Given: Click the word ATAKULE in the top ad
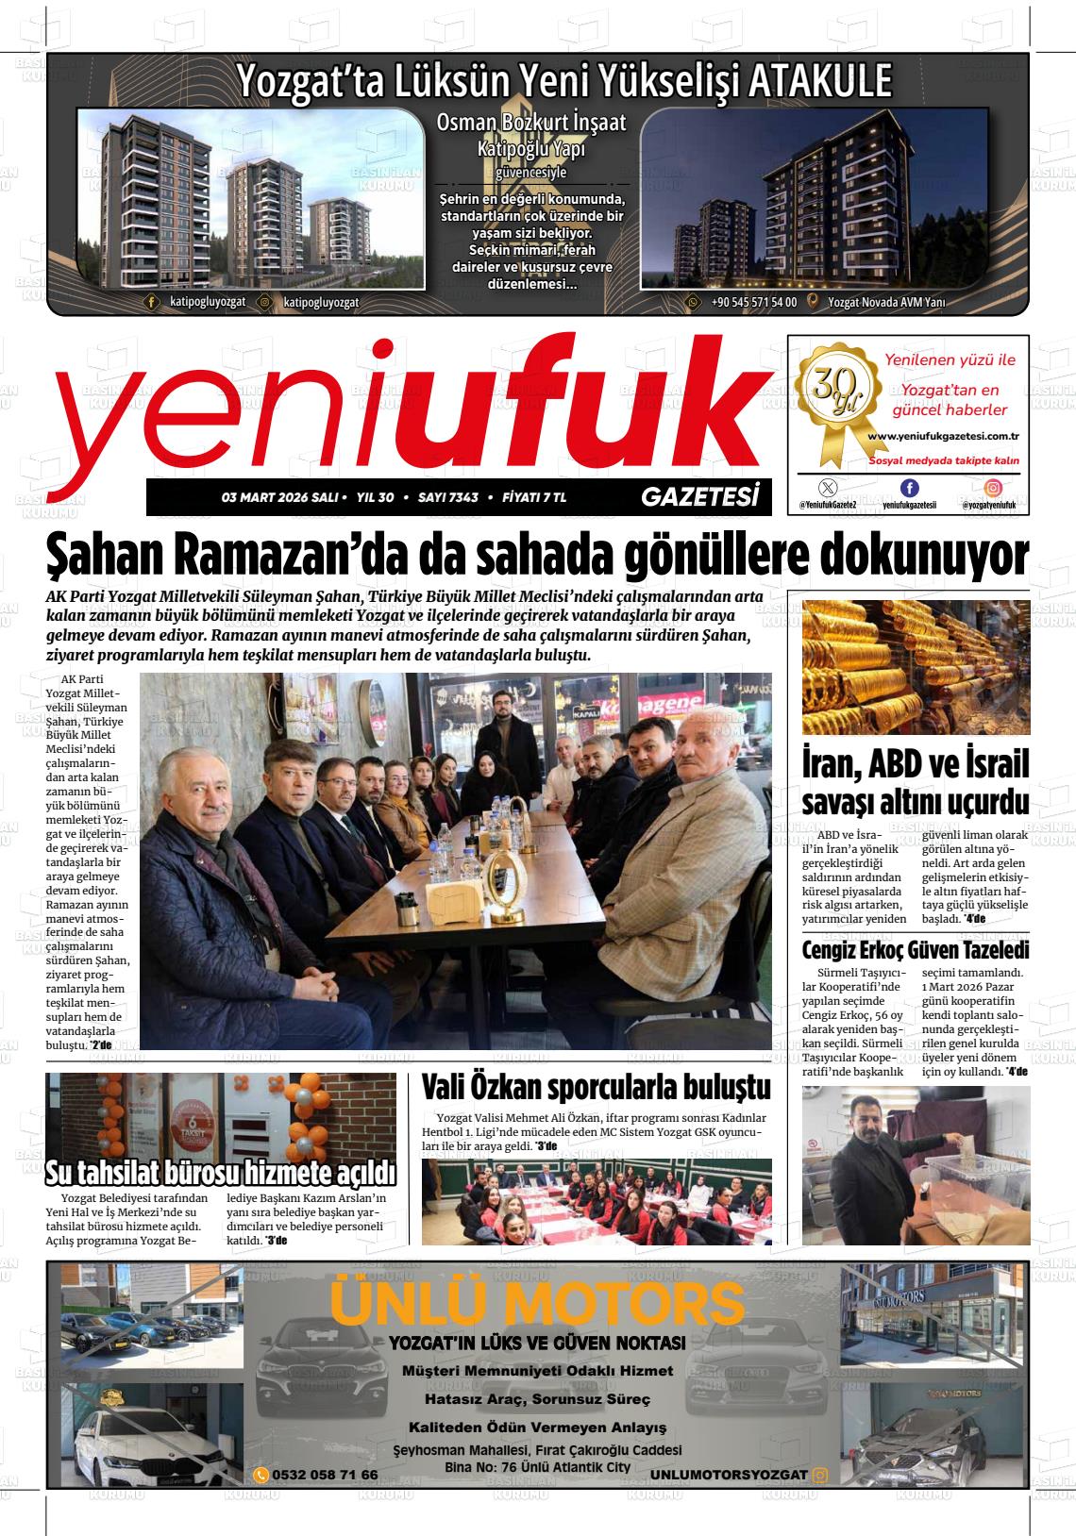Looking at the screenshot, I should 819,82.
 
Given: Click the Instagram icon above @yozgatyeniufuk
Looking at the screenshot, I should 993,488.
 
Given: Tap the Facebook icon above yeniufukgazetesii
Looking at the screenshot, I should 909,488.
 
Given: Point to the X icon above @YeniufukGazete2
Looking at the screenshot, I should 828,488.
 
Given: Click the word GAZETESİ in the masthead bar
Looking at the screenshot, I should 699,496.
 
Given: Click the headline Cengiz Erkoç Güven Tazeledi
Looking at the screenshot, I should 915,950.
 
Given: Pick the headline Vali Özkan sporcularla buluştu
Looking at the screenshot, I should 596,1087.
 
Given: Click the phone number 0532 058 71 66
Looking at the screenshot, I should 324,1475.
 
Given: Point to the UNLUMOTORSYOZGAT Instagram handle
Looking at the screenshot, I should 728,1475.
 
